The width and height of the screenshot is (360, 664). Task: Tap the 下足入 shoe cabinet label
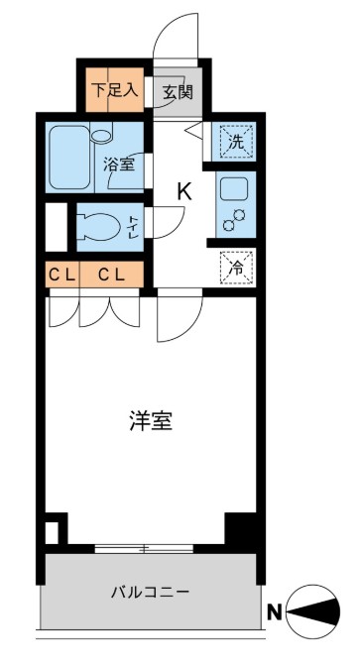pos(116,89)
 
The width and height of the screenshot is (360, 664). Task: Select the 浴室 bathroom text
pos(121,165)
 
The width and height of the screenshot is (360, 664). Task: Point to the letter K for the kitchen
pos(183,191)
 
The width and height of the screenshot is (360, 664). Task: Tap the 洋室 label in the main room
pos(150,421)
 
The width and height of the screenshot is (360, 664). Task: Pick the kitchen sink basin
pos(237,188)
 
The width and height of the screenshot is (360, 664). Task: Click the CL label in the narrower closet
pos(60,275)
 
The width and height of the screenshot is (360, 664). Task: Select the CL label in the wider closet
pos(111,275)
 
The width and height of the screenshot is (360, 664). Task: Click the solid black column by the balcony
pos(239,527)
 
